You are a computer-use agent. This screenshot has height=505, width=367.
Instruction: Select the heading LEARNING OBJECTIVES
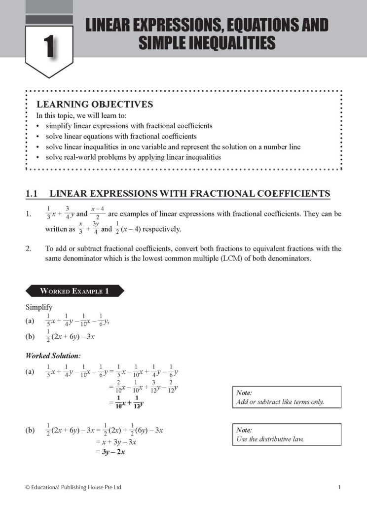coord(95,105)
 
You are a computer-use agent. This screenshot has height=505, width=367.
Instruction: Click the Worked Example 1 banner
coord(74,291)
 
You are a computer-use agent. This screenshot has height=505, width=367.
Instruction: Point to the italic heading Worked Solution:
coord(53,355)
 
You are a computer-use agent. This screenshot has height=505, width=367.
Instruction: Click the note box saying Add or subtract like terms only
coord(286,397)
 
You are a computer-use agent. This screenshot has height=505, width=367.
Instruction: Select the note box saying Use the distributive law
coord(286,434)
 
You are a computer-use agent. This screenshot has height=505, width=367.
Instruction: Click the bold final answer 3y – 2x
coord(123,451)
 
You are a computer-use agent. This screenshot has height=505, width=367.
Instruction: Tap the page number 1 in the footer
coord(339,488)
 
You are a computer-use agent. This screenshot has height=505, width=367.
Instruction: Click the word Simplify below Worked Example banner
coord(39,307)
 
